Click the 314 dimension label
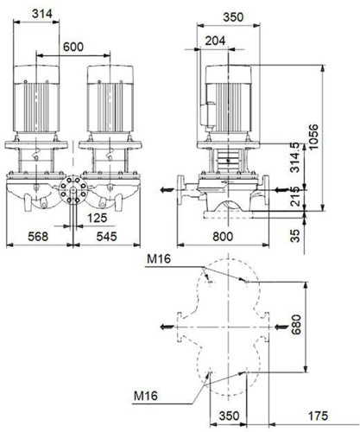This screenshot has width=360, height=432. point(42,14)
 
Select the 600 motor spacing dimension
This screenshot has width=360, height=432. point(73,47)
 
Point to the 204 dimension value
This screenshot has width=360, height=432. point(215,41)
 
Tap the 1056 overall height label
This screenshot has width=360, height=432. point(313,137)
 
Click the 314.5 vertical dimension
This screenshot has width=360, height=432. point(295,158)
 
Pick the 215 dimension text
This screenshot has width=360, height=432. point(295,196)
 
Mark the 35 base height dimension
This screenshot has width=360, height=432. point(295,236)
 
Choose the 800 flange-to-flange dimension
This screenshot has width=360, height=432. point(223,237)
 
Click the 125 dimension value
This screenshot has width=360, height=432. point(97,218)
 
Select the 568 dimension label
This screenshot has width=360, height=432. point(38,237)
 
